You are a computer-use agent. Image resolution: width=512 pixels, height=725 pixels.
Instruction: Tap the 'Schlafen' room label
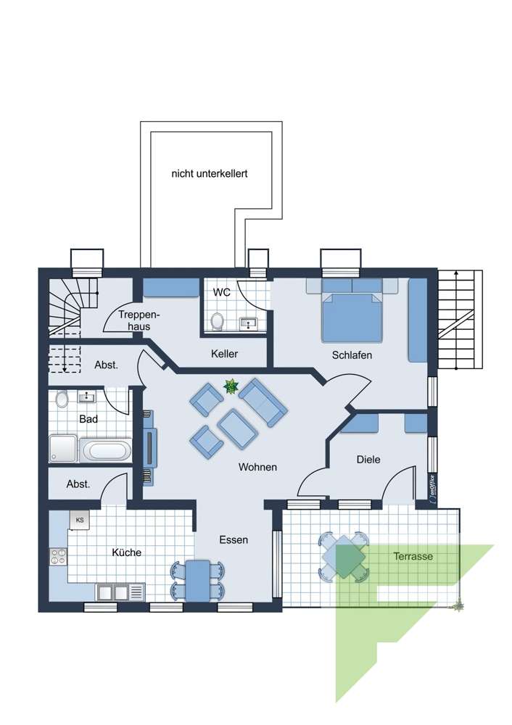click(x=352, y=355)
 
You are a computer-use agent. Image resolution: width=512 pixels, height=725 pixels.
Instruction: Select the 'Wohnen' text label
click(x=257, y=468)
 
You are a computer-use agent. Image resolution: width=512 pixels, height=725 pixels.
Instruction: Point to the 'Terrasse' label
click(x=413, y=557)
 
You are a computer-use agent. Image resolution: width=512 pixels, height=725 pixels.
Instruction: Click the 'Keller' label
click(x=225, y=354)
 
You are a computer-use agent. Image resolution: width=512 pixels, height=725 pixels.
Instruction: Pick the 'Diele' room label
click(x=368, y=460)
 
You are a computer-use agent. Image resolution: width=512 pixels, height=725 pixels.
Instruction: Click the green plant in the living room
click(x=231, y=387)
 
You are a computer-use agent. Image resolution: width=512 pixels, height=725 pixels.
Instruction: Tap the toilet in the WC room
click(x=217, y=321)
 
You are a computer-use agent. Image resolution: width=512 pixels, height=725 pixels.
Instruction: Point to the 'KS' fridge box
click(x=79, y=520)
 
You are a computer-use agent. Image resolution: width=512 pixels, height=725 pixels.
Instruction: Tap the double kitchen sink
click(x=112, y=592)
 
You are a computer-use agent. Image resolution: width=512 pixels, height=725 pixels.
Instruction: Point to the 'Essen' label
click(x=234, y=540)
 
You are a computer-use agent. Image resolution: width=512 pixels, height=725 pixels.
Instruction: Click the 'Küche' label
click(x=127, y=552)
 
